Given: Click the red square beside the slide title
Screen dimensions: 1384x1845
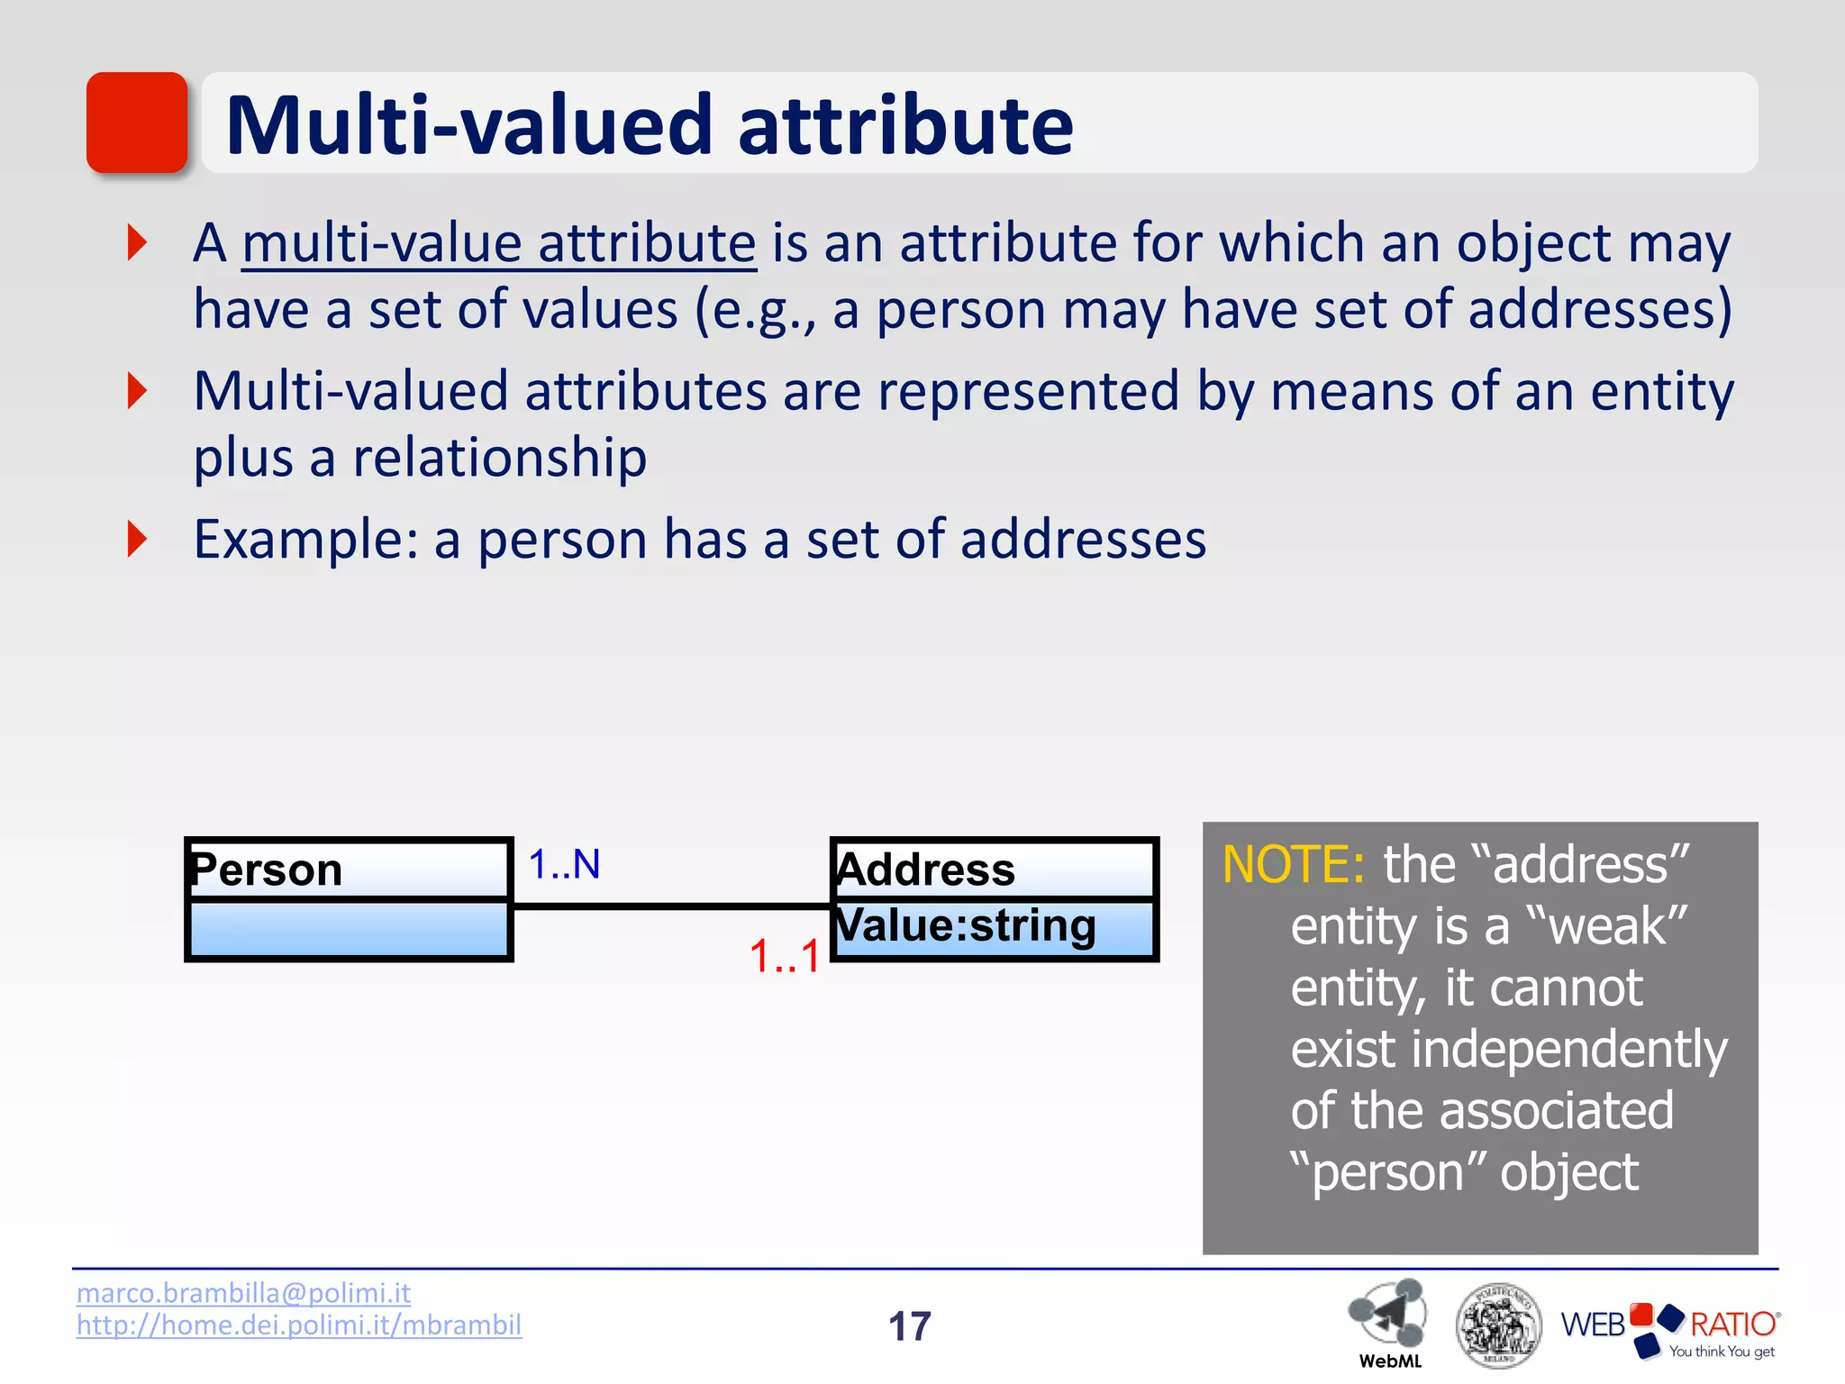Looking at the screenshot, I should pos(137,123).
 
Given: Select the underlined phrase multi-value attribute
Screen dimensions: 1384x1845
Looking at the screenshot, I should pos(499,243).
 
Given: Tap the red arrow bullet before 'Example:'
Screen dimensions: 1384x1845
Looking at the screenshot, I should pos(137,539).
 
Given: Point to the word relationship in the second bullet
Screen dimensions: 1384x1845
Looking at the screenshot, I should pos(499,458).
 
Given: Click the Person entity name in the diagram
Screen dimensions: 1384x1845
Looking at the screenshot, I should pos(268,870).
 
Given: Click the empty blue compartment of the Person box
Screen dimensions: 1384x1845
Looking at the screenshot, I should pos(349,928).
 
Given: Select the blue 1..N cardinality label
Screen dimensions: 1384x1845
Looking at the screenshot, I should pos(564,865).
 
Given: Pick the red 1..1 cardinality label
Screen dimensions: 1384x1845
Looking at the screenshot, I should pos(785,957).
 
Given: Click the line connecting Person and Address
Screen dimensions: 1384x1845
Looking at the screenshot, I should pos(671,906).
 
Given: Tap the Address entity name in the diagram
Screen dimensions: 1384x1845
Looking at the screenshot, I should pos(926,870).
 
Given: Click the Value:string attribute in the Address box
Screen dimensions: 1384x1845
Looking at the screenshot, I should pos(966,926).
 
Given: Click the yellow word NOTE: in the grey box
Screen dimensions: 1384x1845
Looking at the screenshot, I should pos(1292,865).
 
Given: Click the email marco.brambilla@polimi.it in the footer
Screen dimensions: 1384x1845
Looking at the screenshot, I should pos(243,1293).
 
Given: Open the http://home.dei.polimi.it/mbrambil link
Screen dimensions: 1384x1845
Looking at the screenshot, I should pos(298,1325).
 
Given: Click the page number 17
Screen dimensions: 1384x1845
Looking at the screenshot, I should pos(909,1326).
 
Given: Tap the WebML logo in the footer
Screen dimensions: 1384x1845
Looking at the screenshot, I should pos(1388,1319).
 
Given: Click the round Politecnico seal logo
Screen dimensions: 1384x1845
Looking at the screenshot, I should pos(1498,1325).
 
